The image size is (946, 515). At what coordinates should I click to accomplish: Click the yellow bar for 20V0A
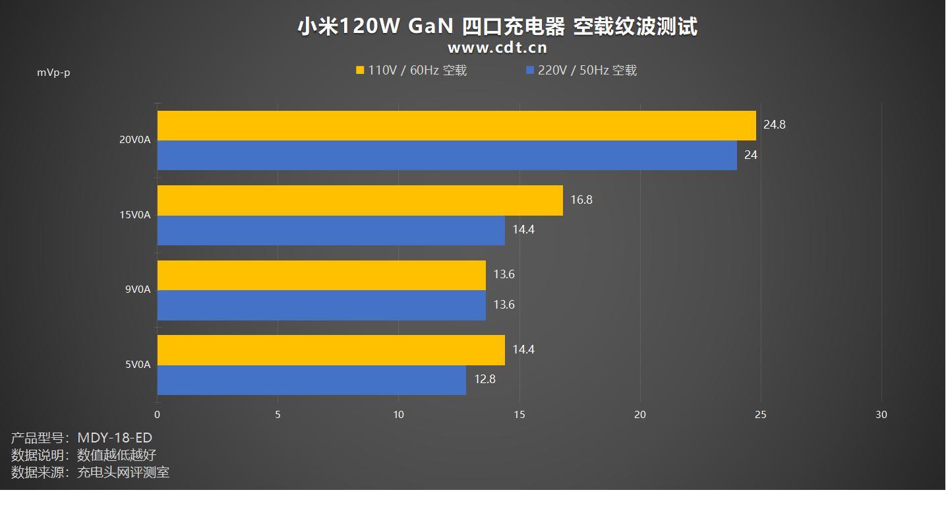[456, 125]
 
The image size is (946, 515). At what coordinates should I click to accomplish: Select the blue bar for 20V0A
[447, 156]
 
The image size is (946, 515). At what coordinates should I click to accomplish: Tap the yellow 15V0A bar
[360, 200]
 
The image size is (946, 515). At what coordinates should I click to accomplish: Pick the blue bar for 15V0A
[331, 230]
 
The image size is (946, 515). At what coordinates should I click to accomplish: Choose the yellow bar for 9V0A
[321, 275]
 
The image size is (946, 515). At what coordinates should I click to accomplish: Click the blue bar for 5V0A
[311, 380]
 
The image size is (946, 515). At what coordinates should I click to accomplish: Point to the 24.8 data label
[774, 125]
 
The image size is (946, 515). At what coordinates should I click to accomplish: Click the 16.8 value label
[581, 200]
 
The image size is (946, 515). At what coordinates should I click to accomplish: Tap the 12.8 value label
[484, 379]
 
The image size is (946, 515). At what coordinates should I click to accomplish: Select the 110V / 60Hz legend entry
[411, 71]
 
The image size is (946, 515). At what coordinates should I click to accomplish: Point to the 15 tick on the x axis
[519, 415]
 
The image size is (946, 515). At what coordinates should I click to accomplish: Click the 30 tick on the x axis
[881, 415]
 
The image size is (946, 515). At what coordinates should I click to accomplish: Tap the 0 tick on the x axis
[157, 415]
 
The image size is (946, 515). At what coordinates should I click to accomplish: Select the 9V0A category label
[138, 289]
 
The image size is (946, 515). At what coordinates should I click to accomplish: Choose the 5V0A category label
[138, 365]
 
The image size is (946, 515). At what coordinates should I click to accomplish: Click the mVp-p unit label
[53, 73]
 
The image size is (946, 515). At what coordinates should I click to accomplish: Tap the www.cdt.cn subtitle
[497, 47]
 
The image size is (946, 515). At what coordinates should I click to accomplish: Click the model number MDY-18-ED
[115, 438]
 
